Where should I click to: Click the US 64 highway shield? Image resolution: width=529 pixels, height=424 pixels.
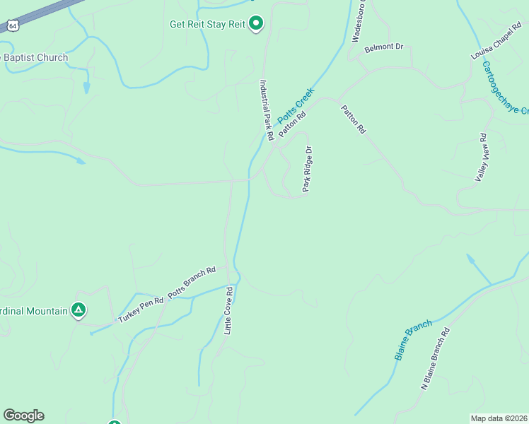pos(12,25)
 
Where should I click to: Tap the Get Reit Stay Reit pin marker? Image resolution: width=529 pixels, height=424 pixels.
pos(257,25)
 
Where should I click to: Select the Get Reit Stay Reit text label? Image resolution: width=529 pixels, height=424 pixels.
pos(207,24)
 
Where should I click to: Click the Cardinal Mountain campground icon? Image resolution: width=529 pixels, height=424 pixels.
pos(79,310)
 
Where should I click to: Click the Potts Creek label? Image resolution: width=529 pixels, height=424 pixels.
pos(294,108)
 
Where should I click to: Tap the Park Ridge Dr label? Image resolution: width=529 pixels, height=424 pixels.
pos(307,169)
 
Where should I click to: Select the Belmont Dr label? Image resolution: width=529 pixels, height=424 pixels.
pos(383,48)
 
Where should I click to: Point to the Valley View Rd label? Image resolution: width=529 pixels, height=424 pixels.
pos(482,158)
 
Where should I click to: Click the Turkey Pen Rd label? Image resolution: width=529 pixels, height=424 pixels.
pos(141,310)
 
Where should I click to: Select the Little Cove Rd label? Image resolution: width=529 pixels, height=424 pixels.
pos(228,310)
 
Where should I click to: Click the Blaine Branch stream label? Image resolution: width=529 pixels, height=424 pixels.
pos(413,340)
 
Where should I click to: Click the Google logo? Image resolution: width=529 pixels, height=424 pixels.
pos(23,416)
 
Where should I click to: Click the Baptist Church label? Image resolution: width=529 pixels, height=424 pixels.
pos(35,58)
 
